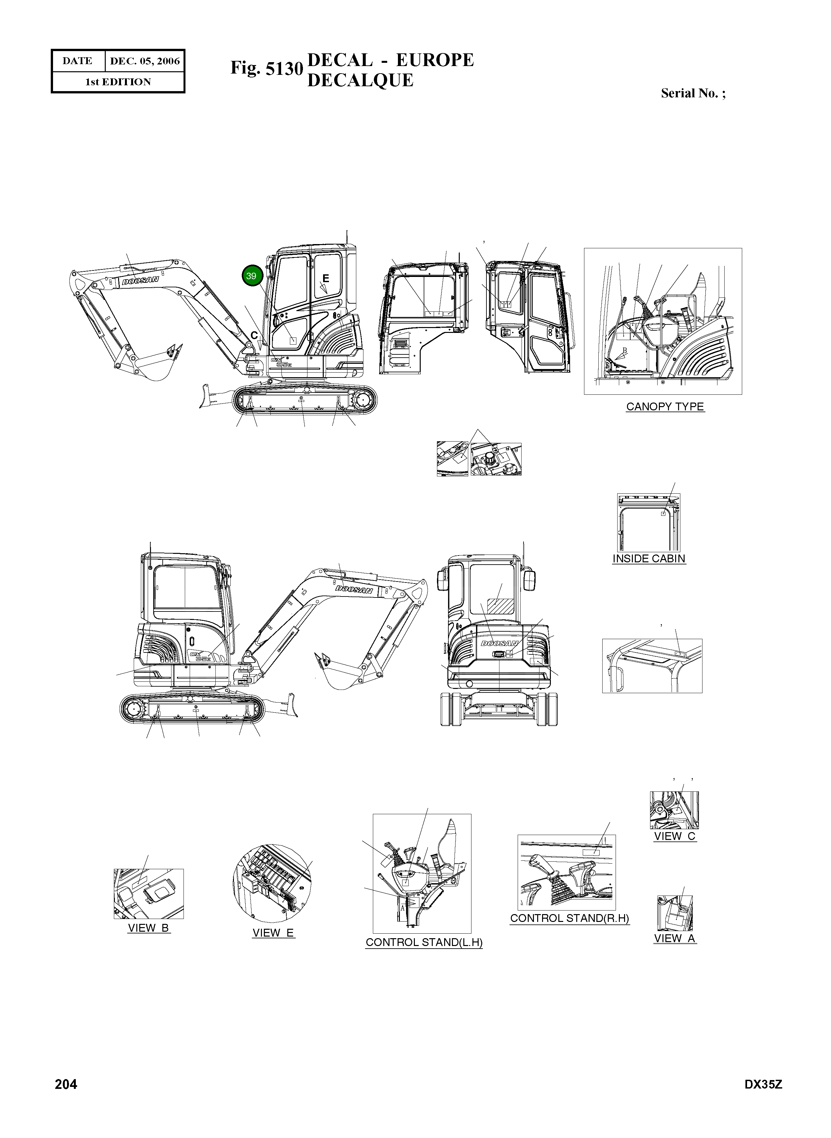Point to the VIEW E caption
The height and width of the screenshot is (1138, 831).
[273, 933]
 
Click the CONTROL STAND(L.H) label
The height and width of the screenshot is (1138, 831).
[424, 942]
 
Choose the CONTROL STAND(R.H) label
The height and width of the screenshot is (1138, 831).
[569, 918]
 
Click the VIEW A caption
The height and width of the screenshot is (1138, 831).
[674, 938]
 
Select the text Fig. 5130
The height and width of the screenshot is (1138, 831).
[266, 68]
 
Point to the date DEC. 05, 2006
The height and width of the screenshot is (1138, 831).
[144, 62]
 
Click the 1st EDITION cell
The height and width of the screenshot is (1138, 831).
[118, 82]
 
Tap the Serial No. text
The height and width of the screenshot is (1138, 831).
[693, 94]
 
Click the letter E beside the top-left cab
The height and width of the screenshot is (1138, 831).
[325, 278]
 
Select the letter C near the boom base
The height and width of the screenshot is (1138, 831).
[254, 335]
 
